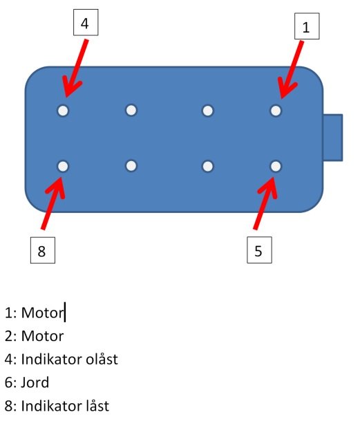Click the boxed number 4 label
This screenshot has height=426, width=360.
86,22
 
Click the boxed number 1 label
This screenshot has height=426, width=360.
307,26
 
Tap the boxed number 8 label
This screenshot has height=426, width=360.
43,250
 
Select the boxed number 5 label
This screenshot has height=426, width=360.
259,250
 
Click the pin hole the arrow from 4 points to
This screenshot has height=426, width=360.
63,111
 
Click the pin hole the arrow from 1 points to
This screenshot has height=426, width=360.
276,111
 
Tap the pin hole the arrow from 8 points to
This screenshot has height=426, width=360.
63,166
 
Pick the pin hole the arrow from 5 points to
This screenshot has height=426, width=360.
276,166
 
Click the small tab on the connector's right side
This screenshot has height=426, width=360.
333,138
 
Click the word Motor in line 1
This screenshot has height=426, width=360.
42,313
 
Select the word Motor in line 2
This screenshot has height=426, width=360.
42,336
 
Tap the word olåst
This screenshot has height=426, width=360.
102,359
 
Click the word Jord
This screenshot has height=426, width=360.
35,382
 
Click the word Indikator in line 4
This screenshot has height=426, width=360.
52,359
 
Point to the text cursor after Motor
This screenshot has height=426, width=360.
65,312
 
